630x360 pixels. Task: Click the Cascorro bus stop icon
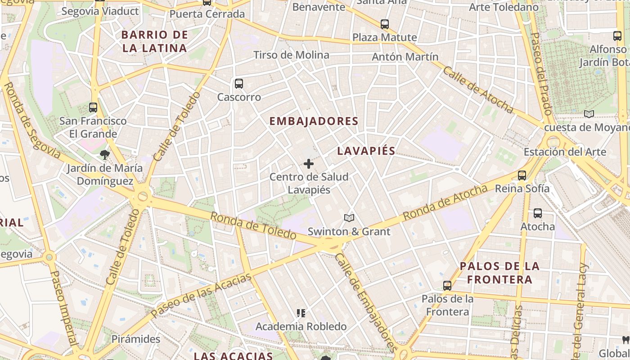pos(239,84)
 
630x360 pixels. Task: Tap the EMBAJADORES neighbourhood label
pos(314,121)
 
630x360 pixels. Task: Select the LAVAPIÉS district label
pos(366,151)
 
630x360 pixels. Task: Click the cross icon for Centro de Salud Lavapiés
pos(309,164)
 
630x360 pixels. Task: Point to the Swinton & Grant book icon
pos(349,218)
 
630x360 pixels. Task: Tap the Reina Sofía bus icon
pos(522,175)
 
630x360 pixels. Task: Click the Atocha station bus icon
pos(538,213)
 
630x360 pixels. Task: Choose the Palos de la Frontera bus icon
pos(447,286)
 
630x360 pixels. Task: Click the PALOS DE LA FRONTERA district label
pos(499,273)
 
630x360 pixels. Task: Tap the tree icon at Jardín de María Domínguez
pos(105,155)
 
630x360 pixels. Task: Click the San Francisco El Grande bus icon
pos(93,108)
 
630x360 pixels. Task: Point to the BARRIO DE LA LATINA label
pos(154,41)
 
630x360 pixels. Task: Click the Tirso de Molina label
pos(291,55)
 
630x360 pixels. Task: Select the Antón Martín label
pos(405,57)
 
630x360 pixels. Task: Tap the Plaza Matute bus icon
pos(385,24)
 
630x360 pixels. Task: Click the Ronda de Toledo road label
pos(253,225)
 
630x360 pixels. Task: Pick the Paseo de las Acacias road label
pos(201,295)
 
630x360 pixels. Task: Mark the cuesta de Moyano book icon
pos(589,114)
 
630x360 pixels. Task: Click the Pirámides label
pos(136,339)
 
